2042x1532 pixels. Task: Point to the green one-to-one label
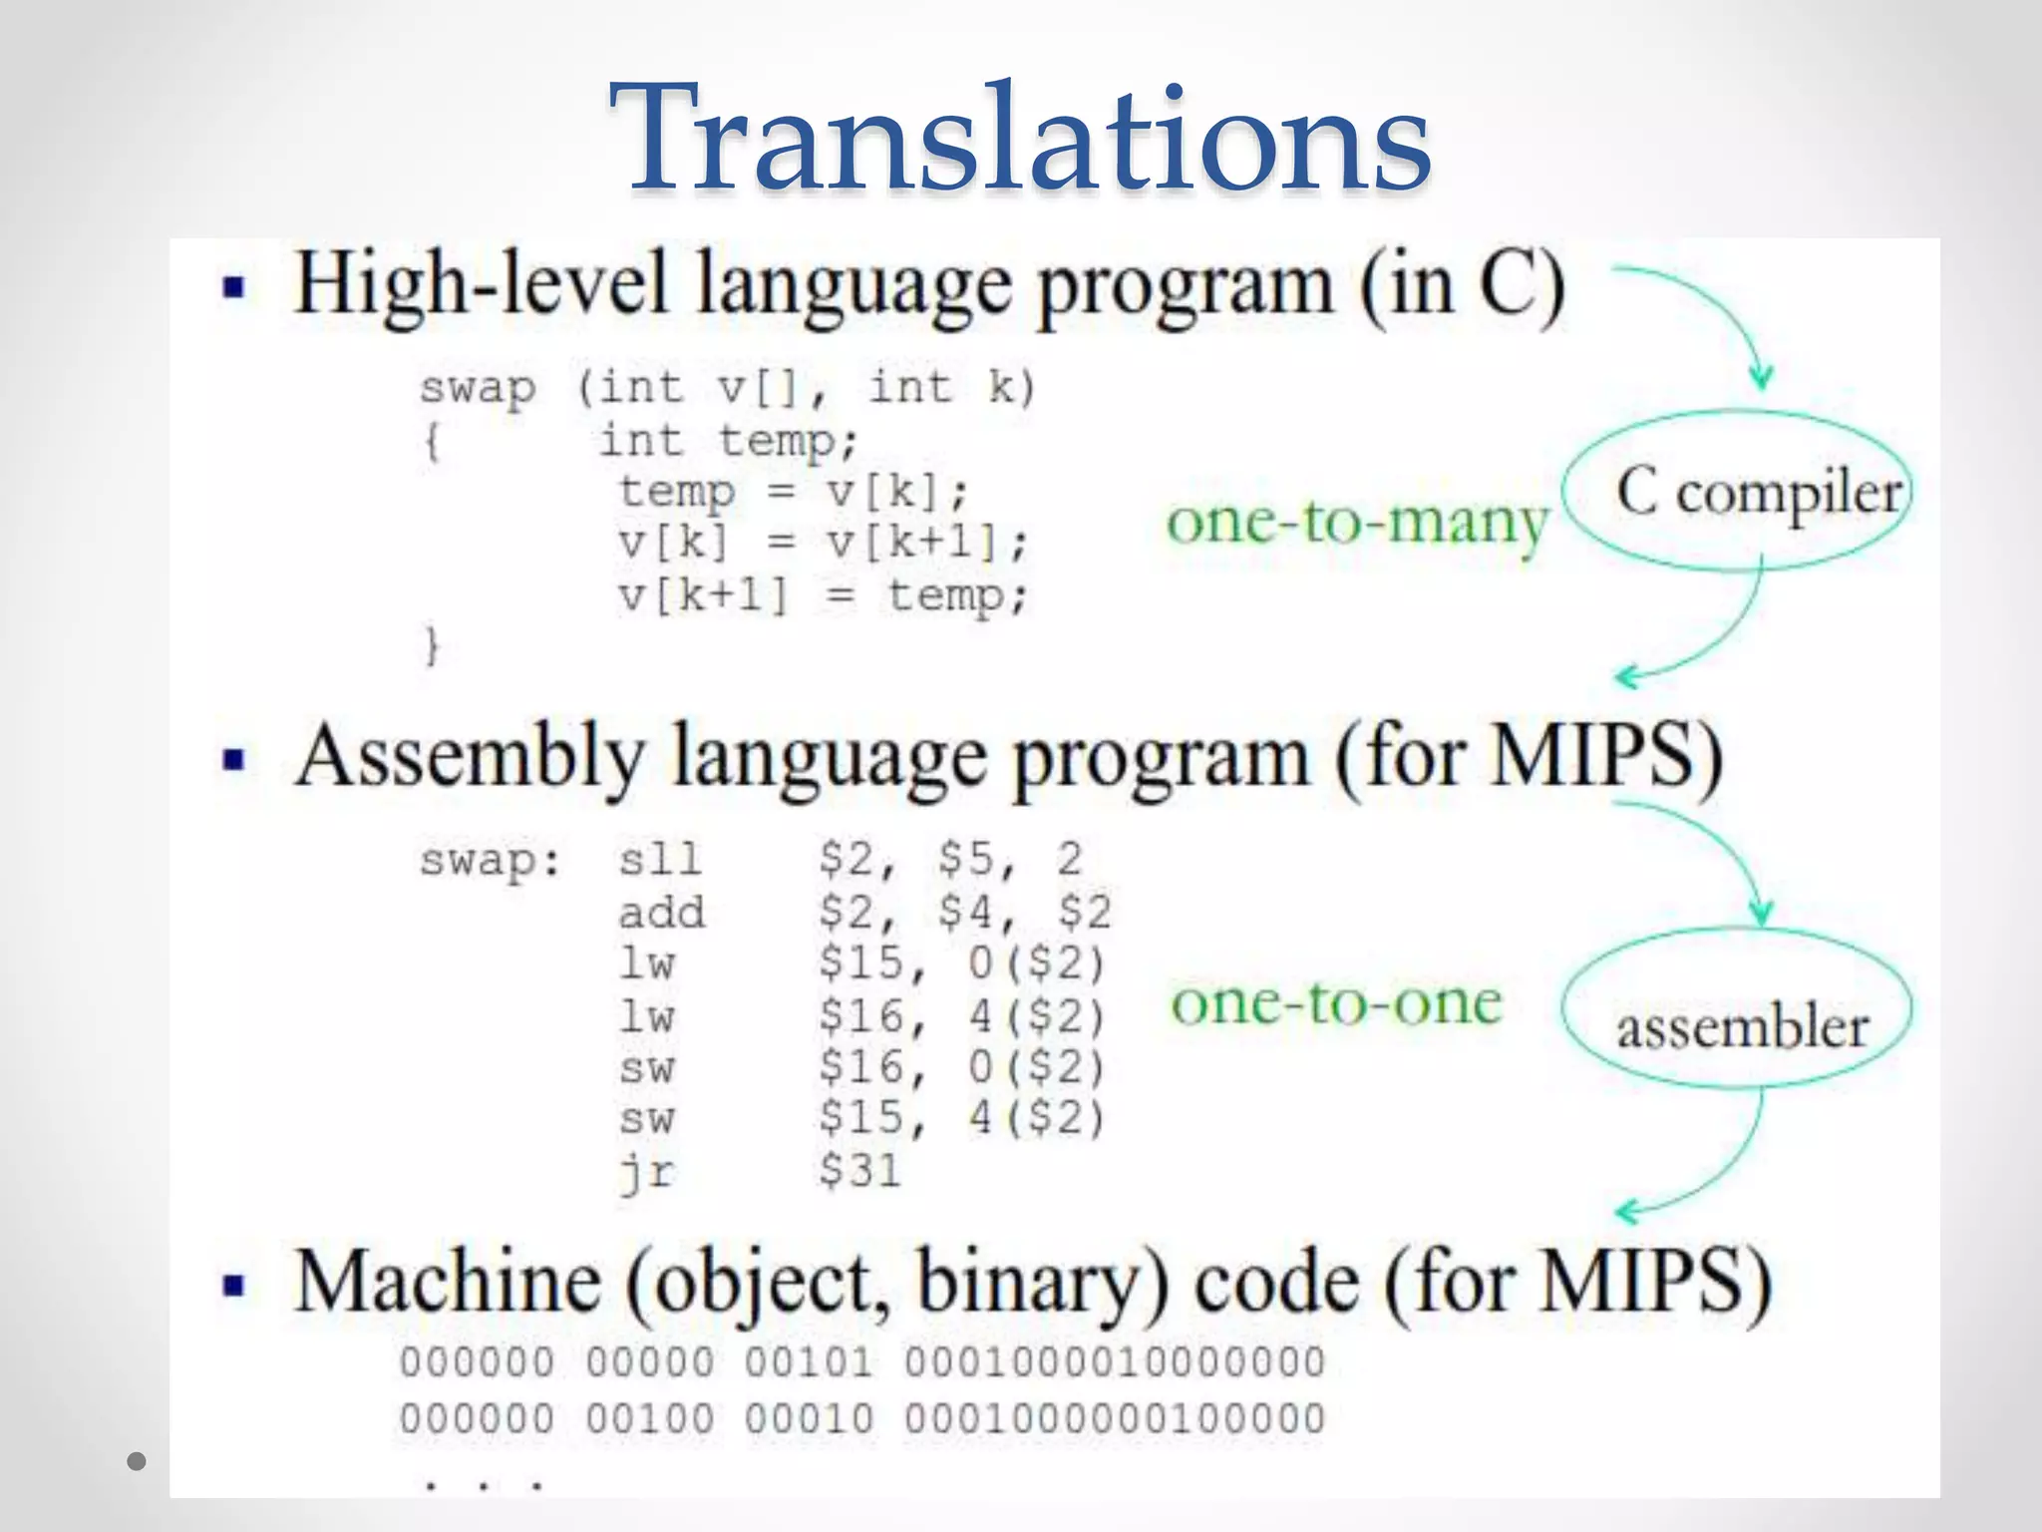[1336, 1002]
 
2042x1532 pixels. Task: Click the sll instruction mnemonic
[659, 859]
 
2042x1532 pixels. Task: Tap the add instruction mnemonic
[661, 912]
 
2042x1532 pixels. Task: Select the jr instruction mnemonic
[647, 1171]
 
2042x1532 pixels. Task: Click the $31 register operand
[859, 1170]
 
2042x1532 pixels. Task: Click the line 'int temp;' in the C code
[728, 441]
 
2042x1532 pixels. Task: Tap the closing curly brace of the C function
[432, 646]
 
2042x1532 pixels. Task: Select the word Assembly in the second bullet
[470, 758]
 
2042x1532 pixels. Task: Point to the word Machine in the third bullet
[449, 1283]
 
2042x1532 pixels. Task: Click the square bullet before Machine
[234, 1286]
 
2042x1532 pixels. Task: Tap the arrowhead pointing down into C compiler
[1762, 377]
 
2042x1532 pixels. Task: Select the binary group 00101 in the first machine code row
[809, 1362]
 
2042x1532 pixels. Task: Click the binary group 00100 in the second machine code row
[649, 1418]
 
